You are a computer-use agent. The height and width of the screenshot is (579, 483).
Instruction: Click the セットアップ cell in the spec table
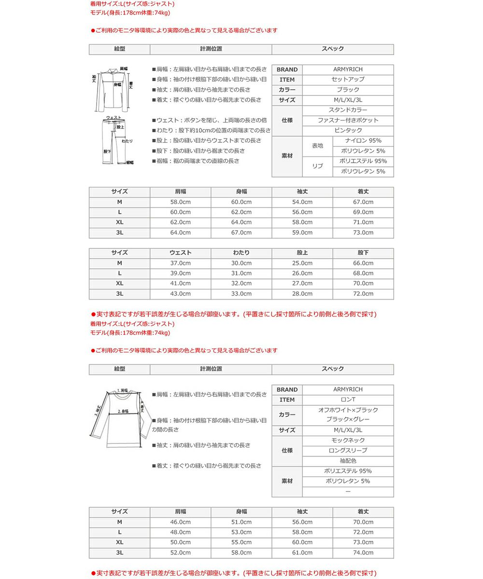click(348, 80)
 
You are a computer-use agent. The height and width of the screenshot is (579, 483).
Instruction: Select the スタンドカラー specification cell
click(348, 110)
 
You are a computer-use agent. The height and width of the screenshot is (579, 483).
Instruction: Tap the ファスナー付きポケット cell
click(348, 120)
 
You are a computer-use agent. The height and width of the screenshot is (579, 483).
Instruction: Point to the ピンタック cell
click(348, 130)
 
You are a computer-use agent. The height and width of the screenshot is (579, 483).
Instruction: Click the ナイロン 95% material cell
click(363, 141)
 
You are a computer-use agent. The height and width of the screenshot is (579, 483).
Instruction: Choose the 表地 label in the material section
click(317, 146)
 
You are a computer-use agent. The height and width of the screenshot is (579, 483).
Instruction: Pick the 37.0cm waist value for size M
click(180, 263)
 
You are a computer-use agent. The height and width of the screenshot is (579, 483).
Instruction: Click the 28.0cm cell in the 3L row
click(302, 293)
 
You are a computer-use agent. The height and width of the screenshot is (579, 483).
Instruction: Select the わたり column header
click(241, 253)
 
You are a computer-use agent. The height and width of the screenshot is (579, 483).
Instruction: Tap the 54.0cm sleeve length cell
click(302, 202)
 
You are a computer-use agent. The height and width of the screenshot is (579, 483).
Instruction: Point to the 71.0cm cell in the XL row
click(363, 222)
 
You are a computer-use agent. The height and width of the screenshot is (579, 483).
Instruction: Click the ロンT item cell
click(348, 400)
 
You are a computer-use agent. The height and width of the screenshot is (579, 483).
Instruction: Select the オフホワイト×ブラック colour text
click(348, 410)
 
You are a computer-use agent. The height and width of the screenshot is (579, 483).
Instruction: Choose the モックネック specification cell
click(348, 440)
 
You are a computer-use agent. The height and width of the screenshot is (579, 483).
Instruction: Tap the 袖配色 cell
click(348, 460)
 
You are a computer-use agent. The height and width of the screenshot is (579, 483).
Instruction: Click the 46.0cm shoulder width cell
click(180, 522)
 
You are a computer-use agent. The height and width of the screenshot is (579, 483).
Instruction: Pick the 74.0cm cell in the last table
click(363, 552)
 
